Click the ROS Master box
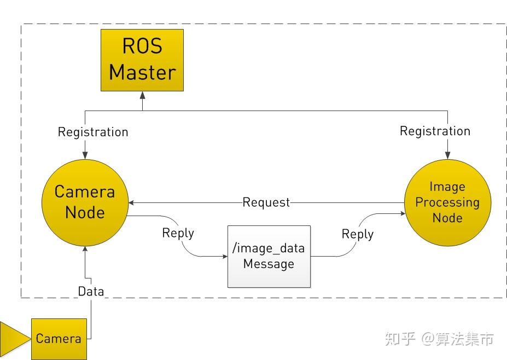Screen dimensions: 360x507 click(142, 60)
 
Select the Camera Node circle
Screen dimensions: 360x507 click(85, 202)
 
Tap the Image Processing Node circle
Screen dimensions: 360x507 click(447, 202)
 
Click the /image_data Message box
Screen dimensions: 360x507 click(269, 256)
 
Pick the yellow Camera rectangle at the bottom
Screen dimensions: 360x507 click(59, 339)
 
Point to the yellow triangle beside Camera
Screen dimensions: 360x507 click(14, 339)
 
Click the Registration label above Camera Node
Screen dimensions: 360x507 click(93, 132)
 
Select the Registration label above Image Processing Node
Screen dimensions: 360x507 click(435, 131)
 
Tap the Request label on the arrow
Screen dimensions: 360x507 click(266, 202)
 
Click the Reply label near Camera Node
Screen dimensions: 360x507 click(178, 233)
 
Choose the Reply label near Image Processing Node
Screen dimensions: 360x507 click(357, 234)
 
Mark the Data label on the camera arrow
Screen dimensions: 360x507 click(91, 291)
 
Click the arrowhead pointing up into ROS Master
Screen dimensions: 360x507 click(142, 95)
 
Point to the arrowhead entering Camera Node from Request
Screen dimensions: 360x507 click(132, 202)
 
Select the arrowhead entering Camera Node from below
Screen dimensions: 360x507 click(85, 249)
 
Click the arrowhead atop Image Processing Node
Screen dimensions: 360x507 click(447, 156)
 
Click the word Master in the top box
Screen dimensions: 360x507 click(142, 72)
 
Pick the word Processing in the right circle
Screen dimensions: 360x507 click(447, 202)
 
